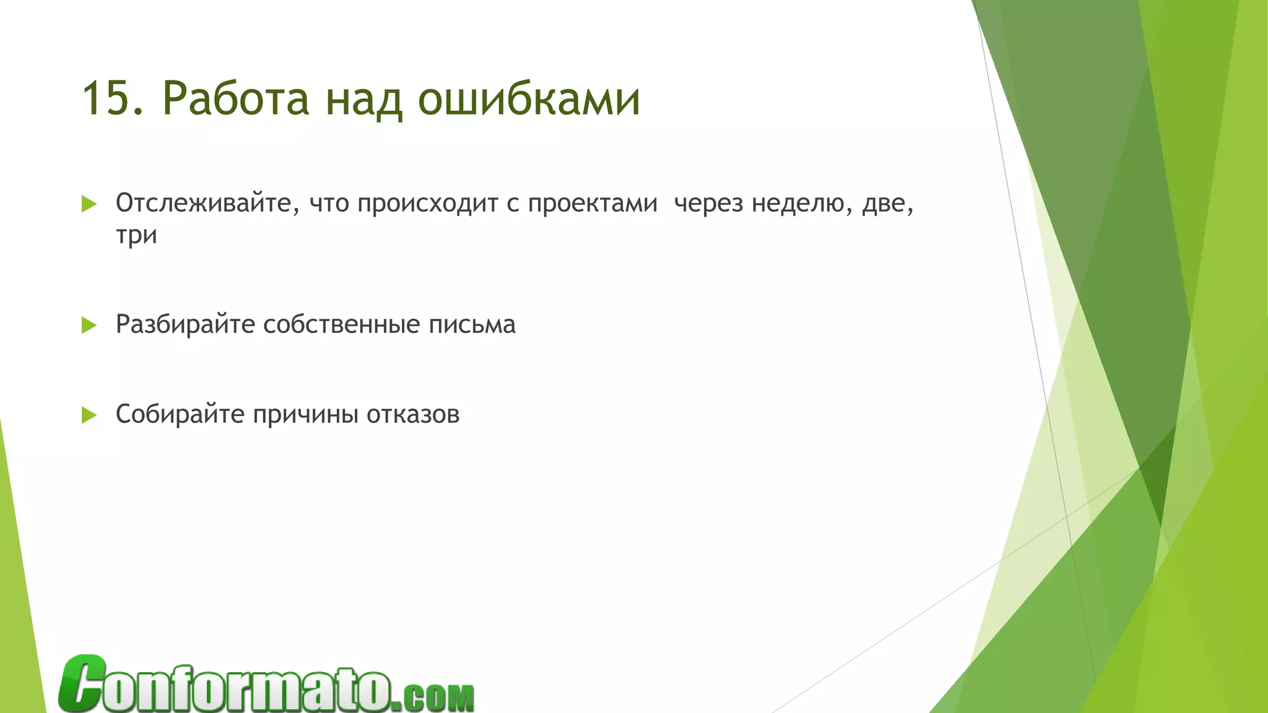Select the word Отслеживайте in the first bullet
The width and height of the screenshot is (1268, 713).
(x=203, y=203)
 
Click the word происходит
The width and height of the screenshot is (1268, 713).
(x=427, y=203)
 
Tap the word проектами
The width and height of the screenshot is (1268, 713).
(x=593, y=203)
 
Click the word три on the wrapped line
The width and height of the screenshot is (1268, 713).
(x=136, y=235)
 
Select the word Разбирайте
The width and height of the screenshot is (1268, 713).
(x=185, y=324)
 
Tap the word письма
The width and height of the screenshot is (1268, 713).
(x=472, y=324)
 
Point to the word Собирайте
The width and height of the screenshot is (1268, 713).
(x=180, y=414)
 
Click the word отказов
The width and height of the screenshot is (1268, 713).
(x=413, y=414)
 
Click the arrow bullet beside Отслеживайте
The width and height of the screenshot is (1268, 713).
(x=89, y=204)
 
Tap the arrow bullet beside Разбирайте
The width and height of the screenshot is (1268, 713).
(x=89, y=325)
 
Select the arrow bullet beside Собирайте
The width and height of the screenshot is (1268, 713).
(x=89, y=415)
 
